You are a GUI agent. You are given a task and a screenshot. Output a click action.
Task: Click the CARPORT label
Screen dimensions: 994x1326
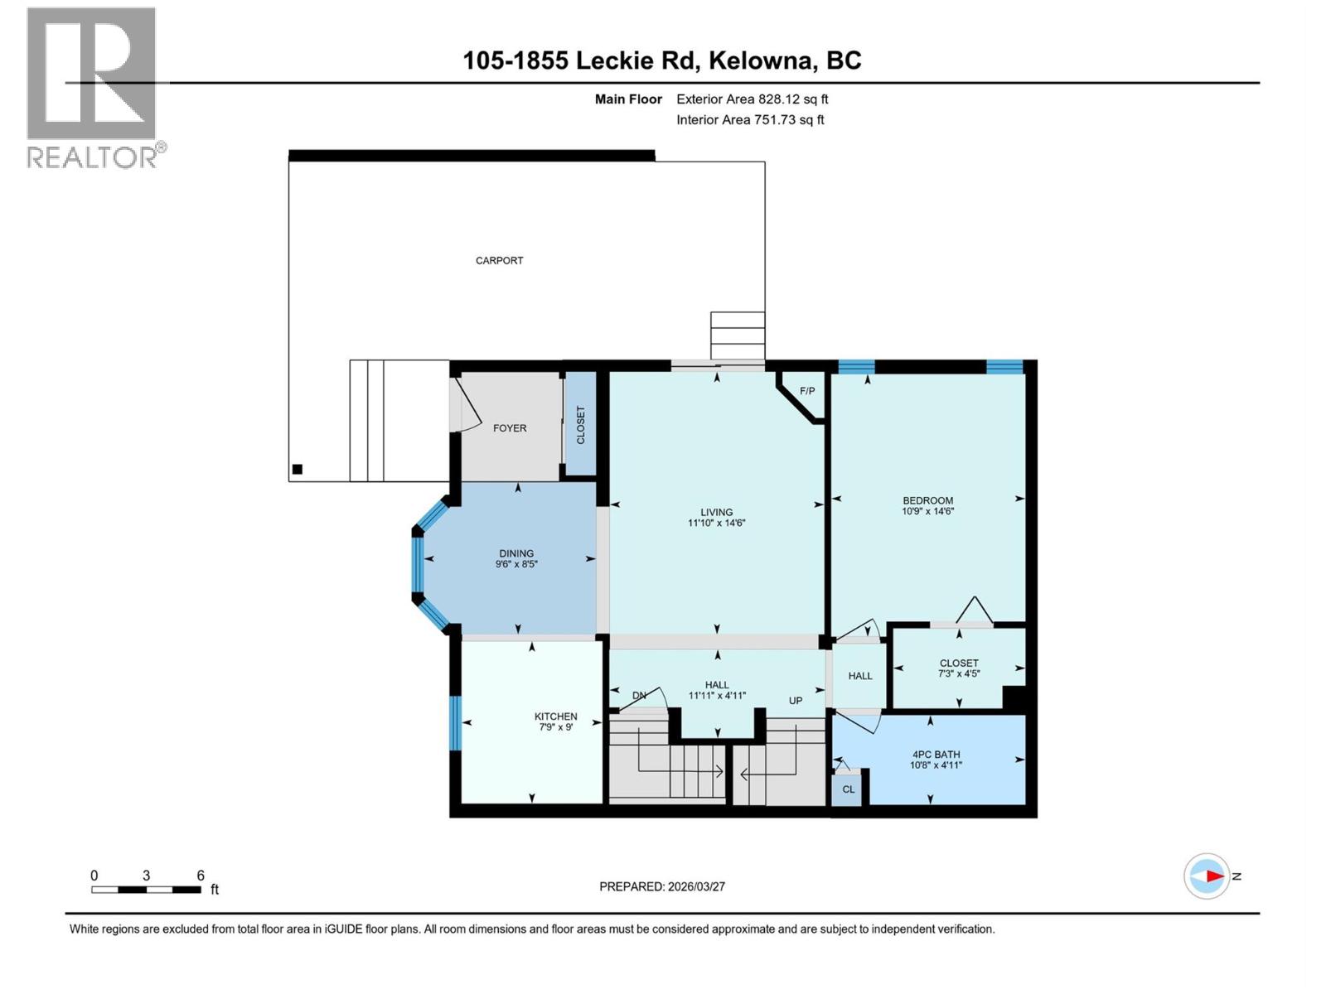coord(499,260)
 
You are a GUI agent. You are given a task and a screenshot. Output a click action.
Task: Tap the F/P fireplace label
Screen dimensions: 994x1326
coord(807,391)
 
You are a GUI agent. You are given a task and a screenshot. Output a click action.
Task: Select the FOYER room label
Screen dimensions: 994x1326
coord(509,428)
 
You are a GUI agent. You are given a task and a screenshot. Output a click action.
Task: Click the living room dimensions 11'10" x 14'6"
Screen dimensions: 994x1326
coord(716,524)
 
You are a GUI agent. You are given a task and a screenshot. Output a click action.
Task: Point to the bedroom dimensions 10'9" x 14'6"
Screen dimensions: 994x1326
coord(927,512)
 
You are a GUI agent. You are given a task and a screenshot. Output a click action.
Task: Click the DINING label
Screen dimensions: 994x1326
coord(516,553)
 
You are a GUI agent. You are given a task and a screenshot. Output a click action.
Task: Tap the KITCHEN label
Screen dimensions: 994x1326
coord(555,717)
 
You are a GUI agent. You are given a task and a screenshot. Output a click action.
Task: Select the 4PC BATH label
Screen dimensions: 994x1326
coord(936,755)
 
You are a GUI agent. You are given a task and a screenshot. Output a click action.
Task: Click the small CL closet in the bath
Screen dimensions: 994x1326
coord(848,789)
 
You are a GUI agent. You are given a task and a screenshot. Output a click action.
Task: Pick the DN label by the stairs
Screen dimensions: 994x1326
coord(639,696)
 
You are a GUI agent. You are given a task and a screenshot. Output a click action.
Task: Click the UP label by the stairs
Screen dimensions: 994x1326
coord(795,701)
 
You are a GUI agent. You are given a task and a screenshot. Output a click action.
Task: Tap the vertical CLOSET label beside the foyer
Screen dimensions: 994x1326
coord(580,425)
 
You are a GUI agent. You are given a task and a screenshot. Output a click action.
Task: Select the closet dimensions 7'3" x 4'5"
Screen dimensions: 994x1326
coord(959,674)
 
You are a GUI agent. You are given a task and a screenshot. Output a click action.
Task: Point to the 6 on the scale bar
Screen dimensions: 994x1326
coord(201,876)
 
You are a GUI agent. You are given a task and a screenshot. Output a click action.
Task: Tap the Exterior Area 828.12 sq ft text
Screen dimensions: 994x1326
coord(752,99)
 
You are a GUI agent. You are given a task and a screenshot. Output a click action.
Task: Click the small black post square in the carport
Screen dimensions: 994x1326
coord(298,470)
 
